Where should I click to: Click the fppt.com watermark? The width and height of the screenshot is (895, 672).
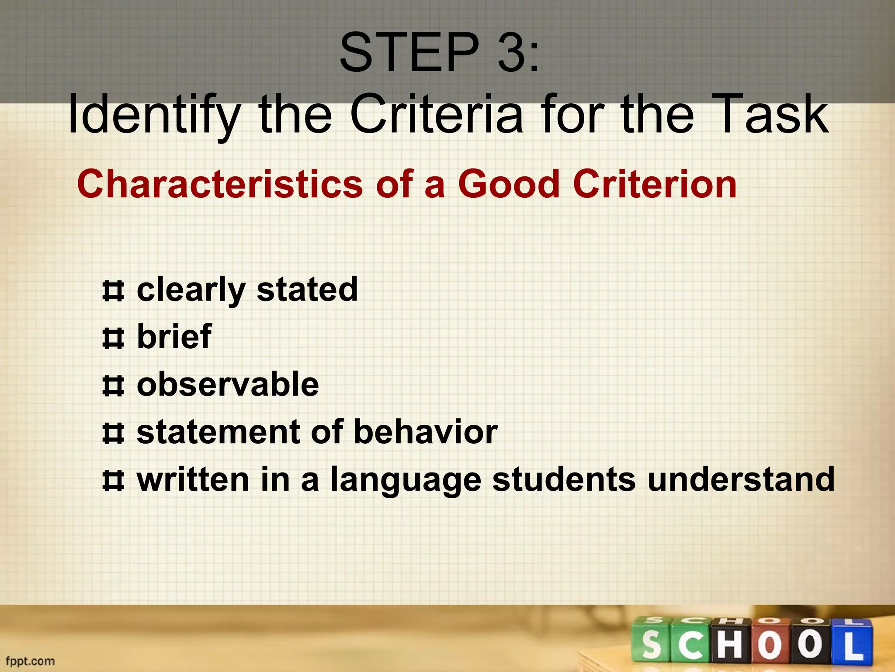(30, 661)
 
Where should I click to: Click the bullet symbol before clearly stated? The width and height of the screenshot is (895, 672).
(113, 291)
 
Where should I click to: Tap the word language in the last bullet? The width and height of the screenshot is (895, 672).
(406, 480)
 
